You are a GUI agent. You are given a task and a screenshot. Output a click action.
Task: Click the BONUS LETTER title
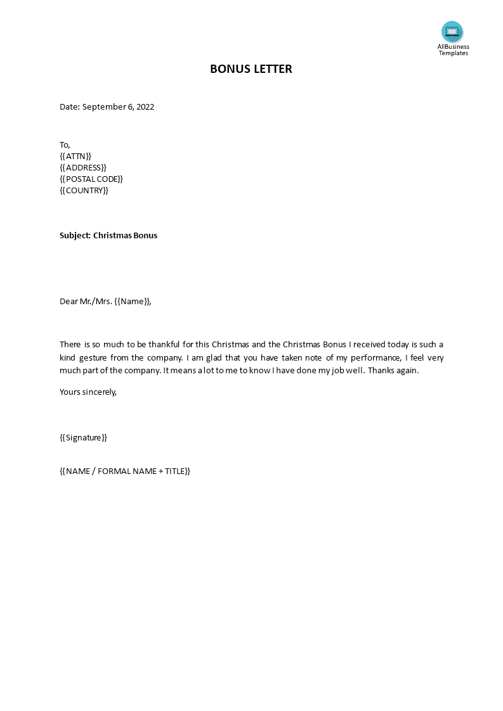click(x=251, y=69)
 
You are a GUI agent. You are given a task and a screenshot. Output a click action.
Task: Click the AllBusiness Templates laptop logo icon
click(x=452, y=31)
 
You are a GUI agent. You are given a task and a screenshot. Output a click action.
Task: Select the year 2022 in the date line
click(x=145, y=106)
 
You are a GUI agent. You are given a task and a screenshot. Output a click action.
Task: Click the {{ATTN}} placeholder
click(x=75, y=156)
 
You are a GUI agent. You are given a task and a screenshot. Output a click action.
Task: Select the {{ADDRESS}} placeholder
click(x=83, y=167)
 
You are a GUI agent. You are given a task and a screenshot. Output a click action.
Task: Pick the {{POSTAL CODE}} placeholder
click(x=91, y=179)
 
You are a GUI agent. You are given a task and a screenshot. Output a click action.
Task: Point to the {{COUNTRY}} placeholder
click(x=84, y=190)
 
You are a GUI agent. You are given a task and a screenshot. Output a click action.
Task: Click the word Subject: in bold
click(x=75, y=235)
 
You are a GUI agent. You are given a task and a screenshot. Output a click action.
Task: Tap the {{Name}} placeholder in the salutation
click(x=133, y=301)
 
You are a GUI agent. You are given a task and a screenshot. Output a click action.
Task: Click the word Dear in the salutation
click(x=69, y=301)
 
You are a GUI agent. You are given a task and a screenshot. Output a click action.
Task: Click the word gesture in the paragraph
click(x=95, y=357)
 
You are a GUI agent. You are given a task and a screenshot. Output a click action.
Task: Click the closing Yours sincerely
click(x=88, y=392)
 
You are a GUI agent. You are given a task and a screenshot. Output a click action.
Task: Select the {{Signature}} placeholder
click(x=83, y=437)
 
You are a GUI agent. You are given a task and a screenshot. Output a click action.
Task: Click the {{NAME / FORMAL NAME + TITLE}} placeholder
click(x=125, y=471)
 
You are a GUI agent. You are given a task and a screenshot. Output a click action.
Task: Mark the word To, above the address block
click(x=65, y=144)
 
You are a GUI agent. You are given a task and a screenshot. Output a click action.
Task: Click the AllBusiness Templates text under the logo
click(x=453, y=49)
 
